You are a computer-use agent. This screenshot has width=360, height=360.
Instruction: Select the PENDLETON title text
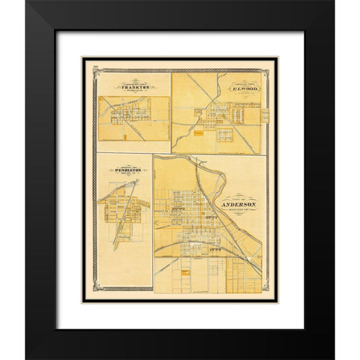(x=119, y=170)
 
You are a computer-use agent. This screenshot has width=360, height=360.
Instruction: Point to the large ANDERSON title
(x=239, y=204)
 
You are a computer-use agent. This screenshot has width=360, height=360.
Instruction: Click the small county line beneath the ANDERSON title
(x=239, y=209)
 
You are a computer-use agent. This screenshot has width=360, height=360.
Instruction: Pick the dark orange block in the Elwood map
(x=197, y=136)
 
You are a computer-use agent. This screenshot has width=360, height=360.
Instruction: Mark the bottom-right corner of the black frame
(x=333, y=357)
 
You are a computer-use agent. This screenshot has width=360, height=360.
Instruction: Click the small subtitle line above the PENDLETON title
(x=119, y=164)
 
